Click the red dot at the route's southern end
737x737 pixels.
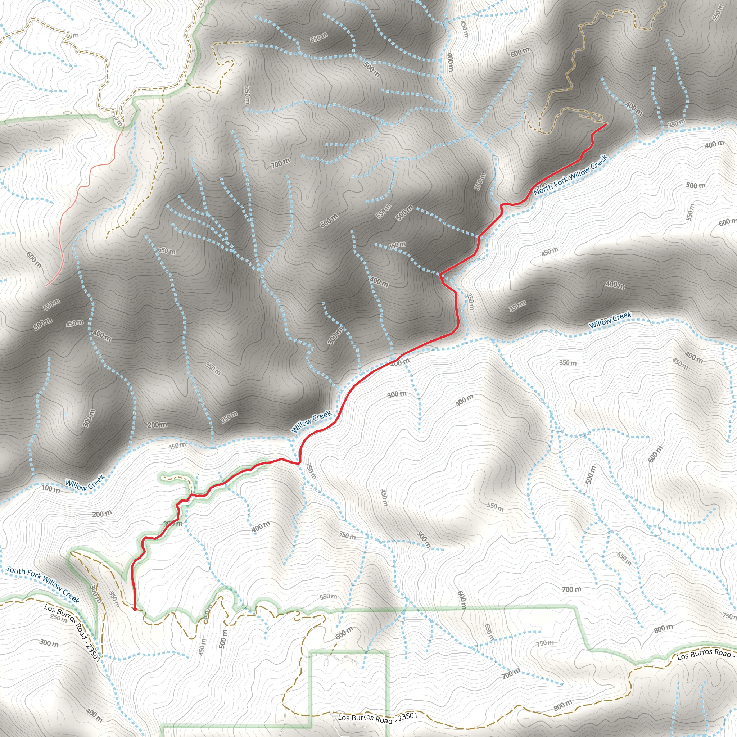(x=135, y=609)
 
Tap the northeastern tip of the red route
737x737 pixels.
(x=606, y=124)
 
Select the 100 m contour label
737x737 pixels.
(x=51, y=489)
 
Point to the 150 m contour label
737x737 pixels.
(x=177, y=445)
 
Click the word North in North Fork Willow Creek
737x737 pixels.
(x=542, y=190)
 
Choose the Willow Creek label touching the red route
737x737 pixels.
(x=311, y=421)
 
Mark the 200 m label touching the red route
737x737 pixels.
(x=400, y=362)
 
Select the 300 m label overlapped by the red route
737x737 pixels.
(x=172, y=523)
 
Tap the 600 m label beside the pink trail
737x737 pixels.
(x=34, y=259)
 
